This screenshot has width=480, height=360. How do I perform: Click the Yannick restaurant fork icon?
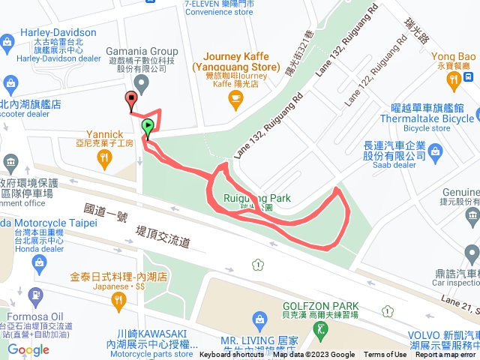(104, 157)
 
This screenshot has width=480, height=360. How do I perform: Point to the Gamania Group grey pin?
(140, 83)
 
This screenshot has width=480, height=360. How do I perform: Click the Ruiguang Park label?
(257, 198)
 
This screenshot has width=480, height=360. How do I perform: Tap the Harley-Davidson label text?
(58, 33)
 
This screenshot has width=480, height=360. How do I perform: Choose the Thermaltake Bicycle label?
(427, 118)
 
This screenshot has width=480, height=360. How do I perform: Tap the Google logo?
(28, 349)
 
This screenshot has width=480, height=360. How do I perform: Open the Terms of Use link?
(385, 355)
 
